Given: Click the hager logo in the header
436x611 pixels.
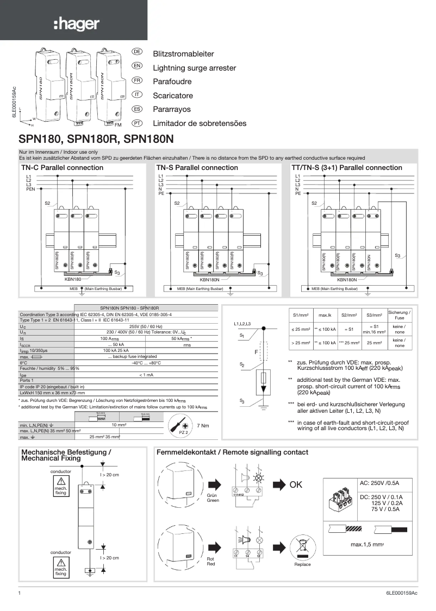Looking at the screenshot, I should click(76, 24).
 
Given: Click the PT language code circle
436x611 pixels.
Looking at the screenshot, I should click(138, 123).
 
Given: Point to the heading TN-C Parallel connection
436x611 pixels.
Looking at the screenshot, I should click(61, 168).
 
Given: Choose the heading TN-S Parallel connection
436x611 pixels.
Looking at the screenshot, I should click(197, 168).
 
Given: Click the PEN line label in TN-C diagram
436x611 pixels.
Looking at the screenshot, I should click(30, 189).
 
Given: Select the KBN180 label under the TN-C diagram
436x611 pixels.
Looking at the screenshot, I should click(73, 279).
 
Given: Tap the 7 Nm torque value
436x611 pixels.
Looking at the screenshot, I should click(203, 425).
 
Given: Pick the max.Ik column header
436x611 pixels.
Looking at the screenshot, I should click(325, 315).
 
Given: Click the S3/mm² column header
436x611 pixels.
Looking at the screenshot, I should click(373, 315).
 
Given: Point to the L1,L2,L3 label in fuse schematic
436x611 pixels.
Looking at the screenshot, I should click(242, 324).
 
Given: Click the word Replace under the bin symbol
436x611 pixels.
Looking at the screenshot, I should click(302, 565).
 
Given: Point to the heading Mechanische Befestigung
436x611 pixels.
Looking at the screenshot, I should click(66, 452).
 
